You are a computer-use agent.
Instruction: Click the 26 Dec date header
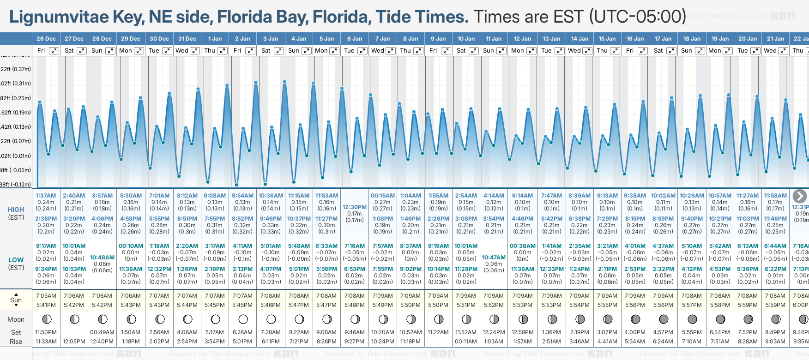pos(46,39)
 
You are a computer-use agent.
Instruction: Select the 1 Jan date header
pos(215,39)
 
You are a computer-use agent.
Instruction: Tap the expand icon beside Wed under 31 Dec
pos(195,51)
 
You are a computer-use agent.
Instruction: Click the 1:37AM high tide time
pos(46,196)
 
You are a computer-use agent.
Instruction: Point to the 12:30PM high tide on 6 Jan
pos(355,207)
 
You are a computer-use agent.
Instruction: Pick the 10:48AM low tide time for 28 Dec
pos(102,258)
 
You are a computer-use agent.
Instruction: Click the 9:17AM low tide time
pos(46,246)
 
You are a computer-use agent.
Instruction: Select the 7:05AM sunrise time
pos(46,296)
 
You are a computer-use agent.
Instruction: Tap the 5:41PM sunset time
pos(46,305)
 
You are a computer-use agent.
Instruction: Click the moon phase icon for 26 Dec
pos(46,319)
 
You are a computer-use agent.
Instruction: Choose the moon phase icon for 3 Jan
pos(271,319)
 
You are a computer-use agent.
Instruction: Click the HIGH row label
pos(16,210)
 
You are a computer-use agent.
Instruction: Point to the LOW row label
pos(16,260)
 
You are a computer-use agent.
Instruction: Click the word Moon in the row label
pos(16,319)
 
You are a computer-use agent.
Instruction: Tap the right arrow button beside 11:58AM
pos(800,196)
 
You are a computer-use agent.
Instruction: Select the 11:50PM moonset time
pos(46,332)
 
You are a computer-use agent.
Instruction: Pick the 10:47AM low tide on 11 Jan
pos(494,258)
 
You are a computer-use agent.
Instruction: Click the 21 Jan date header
pos(776,39)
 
